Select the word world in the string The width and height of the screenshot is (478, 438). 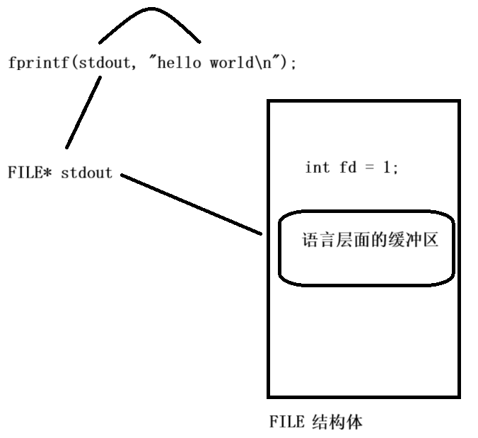(230, 63)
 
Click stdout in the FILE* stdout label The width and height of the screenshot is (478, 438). (86, 173)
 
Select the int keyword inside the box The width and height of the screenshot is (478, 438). (317, 168)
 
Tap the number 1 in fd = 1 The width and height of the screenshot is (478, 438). (388, 168)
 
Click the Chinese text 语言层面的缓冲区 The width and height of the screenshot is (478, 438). (371, 241)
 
